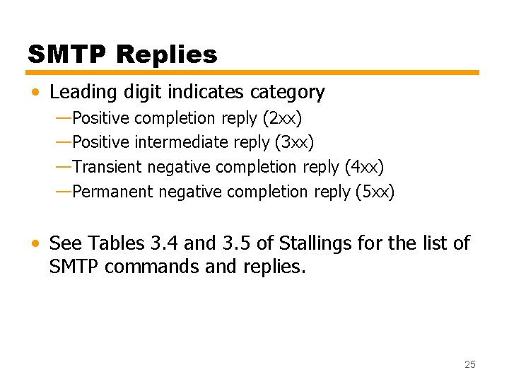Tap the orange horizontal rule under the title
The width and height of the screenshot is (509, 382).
[x=253, y=73]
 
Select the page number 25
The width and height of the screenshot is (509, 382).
[x=470, y=364]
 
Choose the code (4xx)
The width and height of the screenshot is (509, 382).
[x=363, y=167]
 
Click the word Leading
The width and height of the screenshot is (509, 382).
[x=81, y=93]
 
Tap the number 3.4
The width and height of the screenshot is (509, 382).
[x=165, y=244]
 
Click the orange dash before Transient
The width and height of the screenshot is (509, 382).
[x=63, y=166]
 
